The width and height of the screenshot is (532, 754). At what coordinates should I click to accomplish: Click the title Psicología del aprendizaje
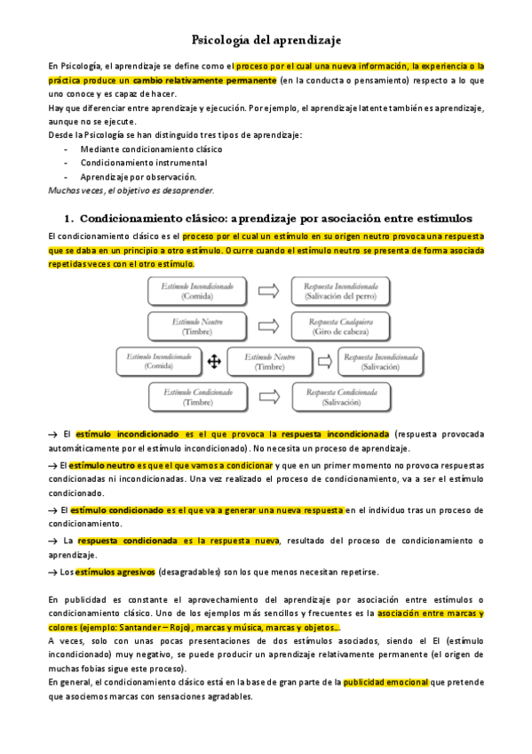[x=266, y=40]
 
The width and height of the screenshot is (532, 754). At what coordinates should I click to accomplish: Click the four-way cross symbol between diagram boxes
[x=214, y=361]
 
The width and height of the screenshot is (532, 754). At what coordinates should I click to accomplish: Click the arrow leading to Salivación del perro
[x=269, y=291]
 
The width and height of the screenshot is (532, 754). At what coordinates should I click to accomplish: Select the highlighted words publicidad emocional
[x=385, y=683]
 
